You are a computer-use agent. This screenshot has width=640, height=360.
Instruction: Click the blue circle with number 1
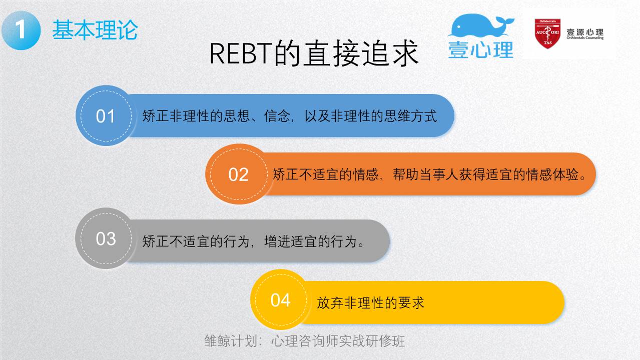pos(21,30)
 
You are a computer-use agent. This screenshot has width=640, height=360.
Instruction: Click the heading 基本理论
pos(95,30)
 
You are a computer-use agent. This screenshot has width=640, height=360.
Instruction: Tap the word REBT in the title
pos(241,53)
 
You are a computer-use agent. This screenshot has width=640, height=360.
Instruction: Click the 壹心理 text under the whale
pos(481,50)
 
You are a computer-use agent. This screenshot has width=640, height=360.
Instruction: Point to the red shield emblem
pos(547,33)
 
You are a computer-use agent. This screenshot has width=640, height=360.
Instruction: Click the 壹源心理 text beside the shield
pos(585,32)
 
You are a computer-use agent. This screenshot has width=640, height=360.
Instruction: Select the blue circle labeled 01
pos(106,115)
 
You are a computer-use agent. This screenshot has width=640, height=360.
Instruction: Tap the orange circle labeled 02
pos(239,174)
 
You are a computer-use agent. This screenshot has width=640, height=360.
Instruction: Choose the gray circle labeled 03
pos(106,238)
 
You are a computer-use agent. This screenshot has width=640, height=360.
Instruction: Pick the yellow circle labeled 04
pos(281,300)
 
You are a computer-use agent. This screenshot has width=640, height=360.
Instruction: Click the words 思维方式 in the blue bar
pos(410,116)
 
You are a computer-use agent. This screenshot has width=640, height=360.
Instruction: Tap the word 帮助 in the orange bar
pos(406,174)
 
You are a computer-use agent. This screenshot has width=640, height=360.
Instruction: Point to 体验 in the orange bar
pos(566,174)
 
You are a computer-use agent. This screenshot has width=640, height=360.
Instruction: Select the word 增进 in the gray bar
pos(277,241)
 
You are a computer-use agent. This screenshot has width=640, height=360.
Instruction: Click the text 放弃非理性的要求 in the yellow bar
pos(371,302)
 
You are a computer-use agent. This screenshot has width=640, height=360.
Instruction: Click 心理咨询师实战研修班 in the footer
pos(338,341)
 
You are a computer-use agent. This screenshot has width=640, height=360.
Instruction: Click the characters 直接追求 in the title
pos(361,53)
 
